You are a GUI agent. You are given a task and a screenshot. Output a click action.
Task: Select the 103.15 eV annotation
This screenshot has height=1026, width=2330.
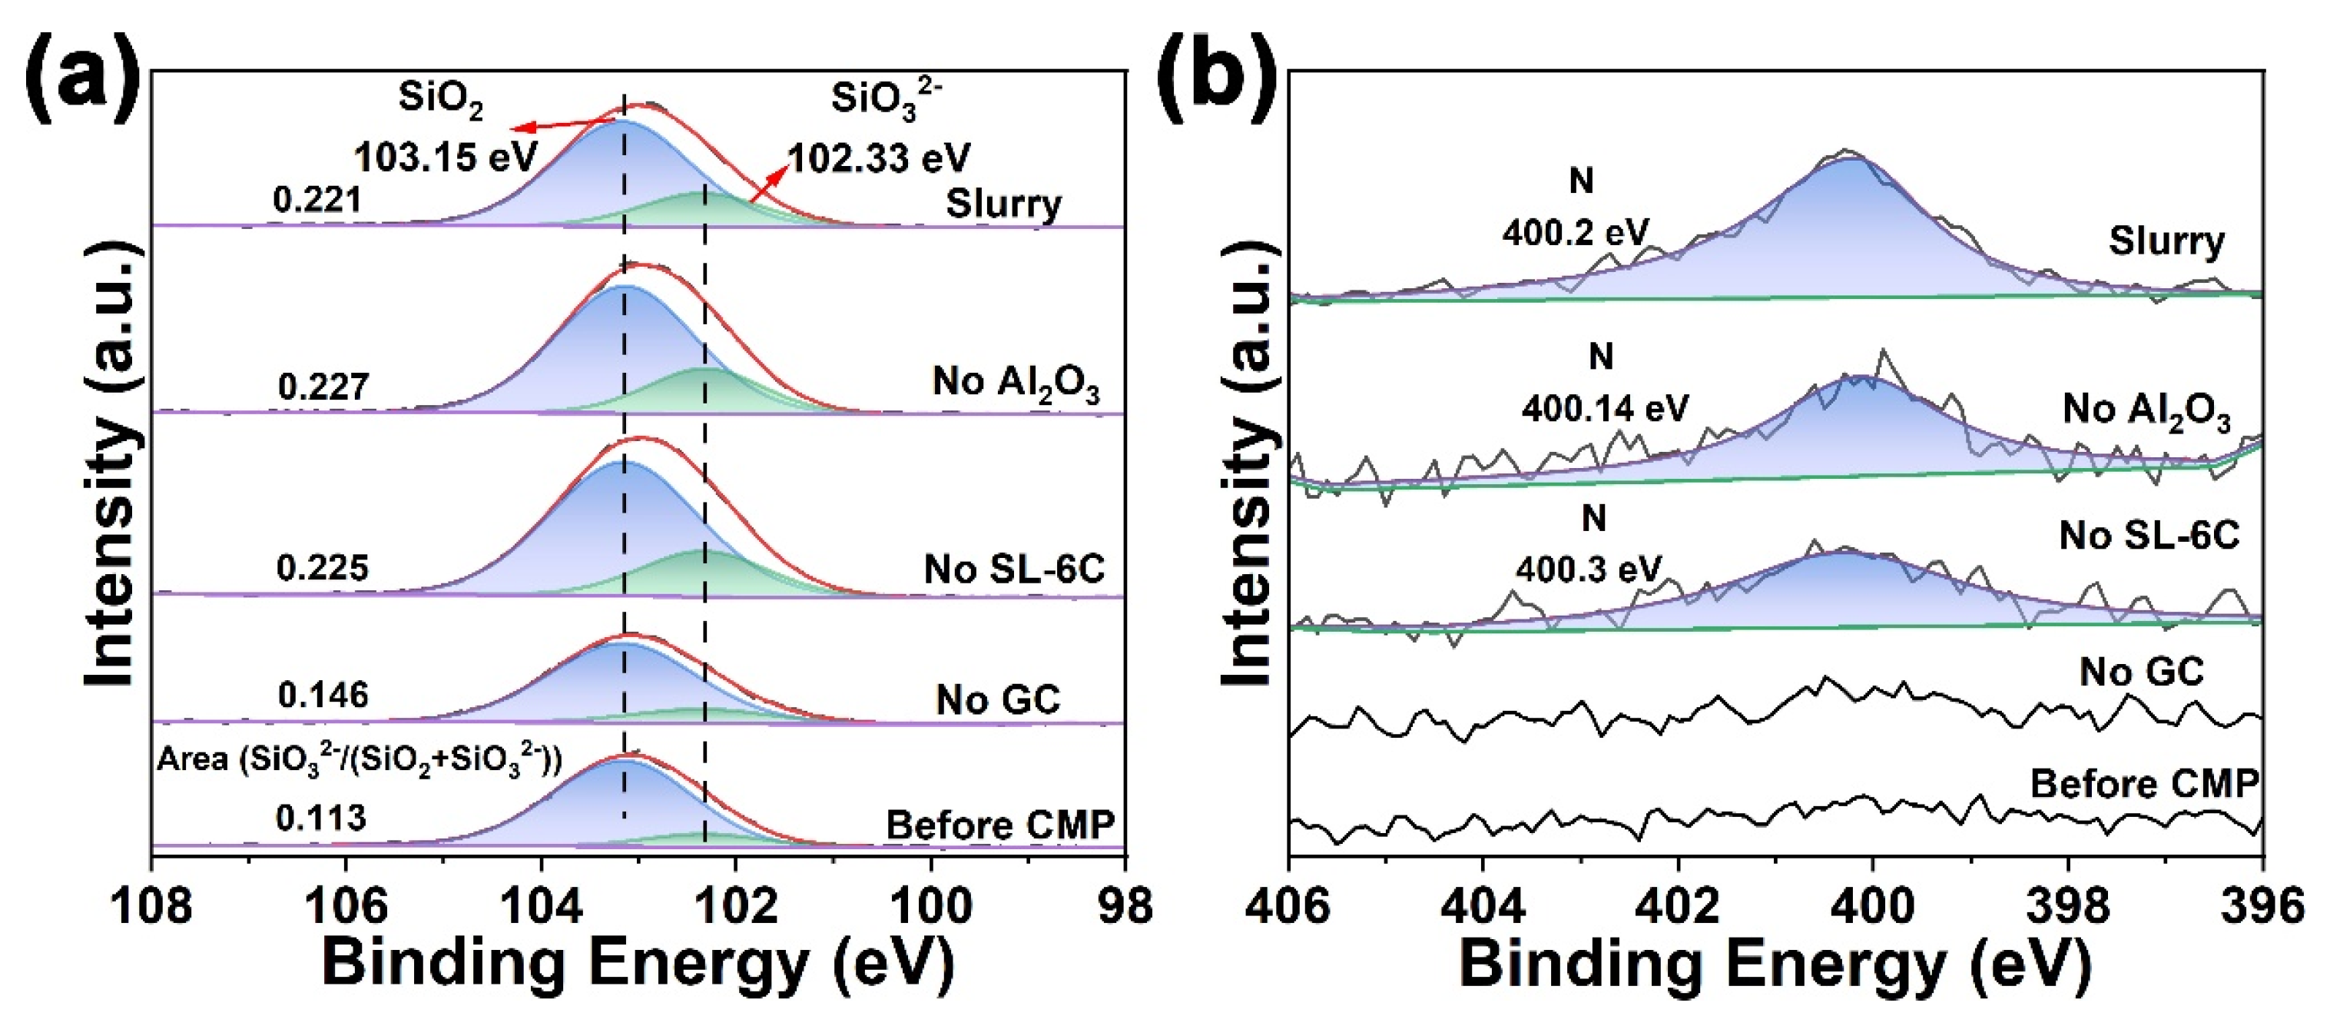tap(445, 158)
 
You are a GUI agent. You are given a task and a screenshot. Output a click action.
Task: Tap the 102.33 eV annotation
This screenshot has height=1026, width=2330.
tap(879, 158)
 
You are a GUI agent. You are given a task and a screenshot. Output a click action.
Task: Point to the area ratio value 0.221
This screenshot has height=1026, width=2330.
tap(317, 200)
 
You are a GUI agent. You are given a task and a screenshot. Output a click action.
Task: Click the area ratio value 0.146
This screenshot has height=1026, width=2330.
tap(323, 695)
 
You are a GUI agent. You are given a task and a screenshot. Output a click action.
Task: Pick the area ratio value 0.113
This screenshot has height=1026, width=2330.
tap(320, 818)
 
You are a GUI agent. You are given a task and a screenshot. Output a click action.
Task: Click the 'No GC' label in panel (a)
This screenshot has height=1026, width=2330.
tap(998, 699)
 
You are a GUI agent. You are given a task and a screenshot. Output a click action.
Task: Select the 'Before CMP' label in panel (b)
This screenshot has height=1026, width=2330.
tap(2145, 783)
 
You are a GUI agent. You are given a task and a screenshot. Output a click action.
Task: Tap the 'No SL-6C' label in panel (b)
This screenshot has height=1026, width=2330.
tap(2149, 536)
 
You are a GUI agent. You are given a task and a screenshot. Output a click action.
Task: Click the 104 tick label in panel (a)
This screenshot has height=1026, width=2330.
tap(541, 905)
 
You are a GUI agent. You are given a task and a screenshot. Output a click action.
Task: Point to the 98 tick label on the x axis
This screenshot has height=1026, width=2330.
tap(1125, 905)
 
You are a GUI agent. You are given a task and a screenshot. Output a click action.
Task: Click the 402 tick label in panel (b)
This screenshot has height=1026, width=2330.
tap(1678, 905)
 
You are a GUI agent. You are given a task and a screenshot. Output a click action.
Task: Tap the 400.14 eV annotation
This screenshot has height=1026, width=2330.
tap(1605, 409)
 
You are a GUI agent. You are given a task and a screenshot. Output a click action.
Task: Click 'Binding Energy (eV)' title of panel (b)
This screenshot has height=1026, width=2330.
tap(1775, 965)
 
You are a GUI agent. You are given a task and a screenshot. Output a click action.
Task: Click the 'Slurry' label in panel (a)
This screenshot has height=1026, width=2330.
tap(1003, 204)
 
